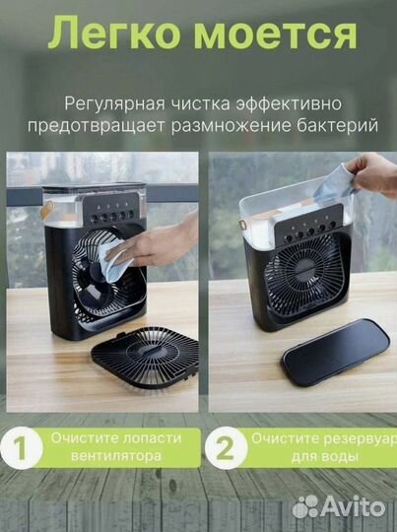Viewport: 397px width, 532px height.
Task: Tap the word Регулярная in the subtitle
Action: tap(110, 102)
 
